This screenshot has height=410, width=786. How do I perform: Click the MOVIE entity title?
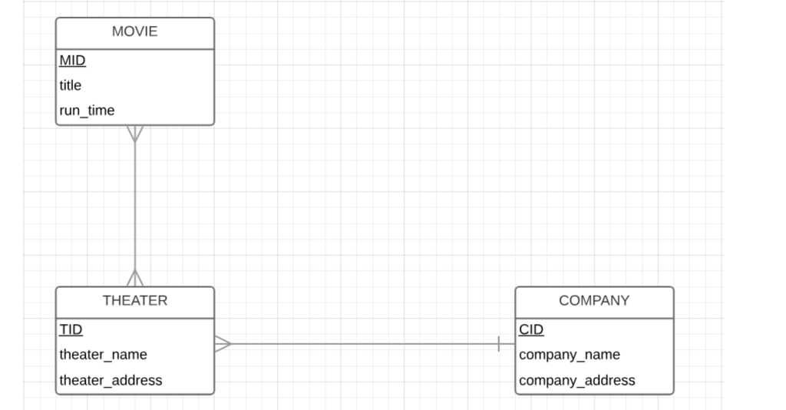(134, 31)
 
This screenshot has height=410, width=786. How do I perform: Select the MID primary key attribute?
(72, 61)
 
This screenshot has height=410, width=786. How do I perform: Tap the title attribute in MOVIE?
(70, 85)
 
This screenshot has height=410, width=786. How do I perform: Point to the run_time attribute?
(87, 111)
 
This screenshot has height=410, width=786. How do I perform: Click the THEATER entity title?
(134, 301)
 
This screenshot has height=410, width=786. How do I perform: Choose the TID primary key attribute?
(71, 329)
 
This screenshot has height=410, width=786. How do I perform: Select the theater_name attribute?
(103, 355)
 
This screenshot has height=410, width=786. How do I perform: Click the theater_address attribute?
(111, 380)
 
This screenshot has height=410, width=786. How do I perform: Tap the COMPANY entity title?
(593, 301)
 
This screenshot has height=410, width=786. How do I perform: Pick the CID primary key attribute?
(530, 329)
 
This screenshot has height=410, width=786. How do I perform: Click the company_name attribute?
(569, 355)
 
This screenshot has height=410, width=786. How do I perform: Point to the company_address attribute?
(576, 380)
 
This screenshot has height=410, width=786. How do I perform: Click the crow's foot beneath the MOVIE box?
(135, 134)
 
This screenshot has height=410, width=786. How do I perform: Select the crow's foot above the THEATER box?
(135, 278)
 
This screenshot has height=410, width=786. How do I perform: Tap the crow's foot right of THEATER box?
(223, 344)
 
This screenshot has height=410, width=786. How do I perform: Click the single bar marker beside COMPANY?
(499, 344)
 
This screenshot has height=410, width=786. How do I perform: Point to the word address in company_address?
(609, 380)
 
